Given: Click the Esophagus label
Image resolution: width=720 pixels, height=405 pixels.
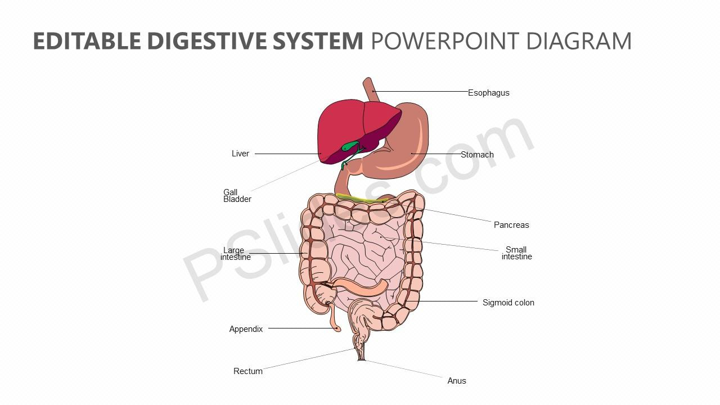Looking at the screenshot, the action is (x=489, y=93).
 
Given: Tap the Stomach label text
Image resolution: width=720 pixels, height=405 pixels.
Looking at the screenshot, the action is (x=478, y=155).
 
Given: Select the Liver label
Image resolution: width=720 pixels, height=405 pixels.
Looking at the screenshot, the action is (x=240, y=154).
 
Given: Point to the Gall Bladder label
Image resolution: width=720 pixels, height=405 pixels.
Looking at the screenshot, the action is (x=237, y=196).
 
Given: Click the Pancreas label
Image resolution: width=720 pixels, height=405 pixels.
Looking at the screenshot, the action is (x=511, y=225).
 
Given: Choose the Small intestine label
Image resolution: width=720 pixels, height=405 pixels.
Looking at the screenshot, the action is (x=517, y=253).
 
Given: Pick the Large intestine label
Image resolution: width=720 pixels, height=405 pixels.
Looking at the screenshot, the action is (x=235, y=254).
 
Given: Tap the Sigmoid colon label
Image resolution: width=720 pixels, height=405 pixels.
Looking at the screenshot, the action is (x=508, y=303).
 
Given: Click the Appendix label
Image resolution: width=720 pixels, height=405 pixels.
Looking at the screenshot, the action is (x=246, y=329).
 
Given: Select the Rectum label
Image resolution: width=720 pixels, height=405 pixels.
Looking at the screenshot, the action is (x=248, y=371).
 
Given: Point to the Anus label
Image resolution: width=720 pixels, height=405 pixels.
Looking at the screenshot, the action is (x=457, y=381).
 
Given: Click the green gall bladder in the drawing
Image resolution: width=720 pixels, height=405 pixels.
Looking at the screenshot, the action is (x=350, y=146).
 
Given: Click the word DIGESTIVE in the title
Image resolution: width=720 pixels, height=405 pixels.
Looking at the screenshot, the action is (x=207, y=41).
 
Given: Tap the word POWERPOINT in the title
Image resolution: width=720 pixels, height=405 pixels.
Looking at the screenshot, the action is (x=445, y=41).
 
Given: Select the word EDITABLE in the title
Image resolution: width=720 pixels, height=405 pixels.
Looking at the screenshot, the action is (x=87, y=41).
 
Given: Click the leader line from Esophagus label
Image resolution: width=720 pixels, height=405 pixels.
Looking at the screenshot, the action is (x=420, y=91).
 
